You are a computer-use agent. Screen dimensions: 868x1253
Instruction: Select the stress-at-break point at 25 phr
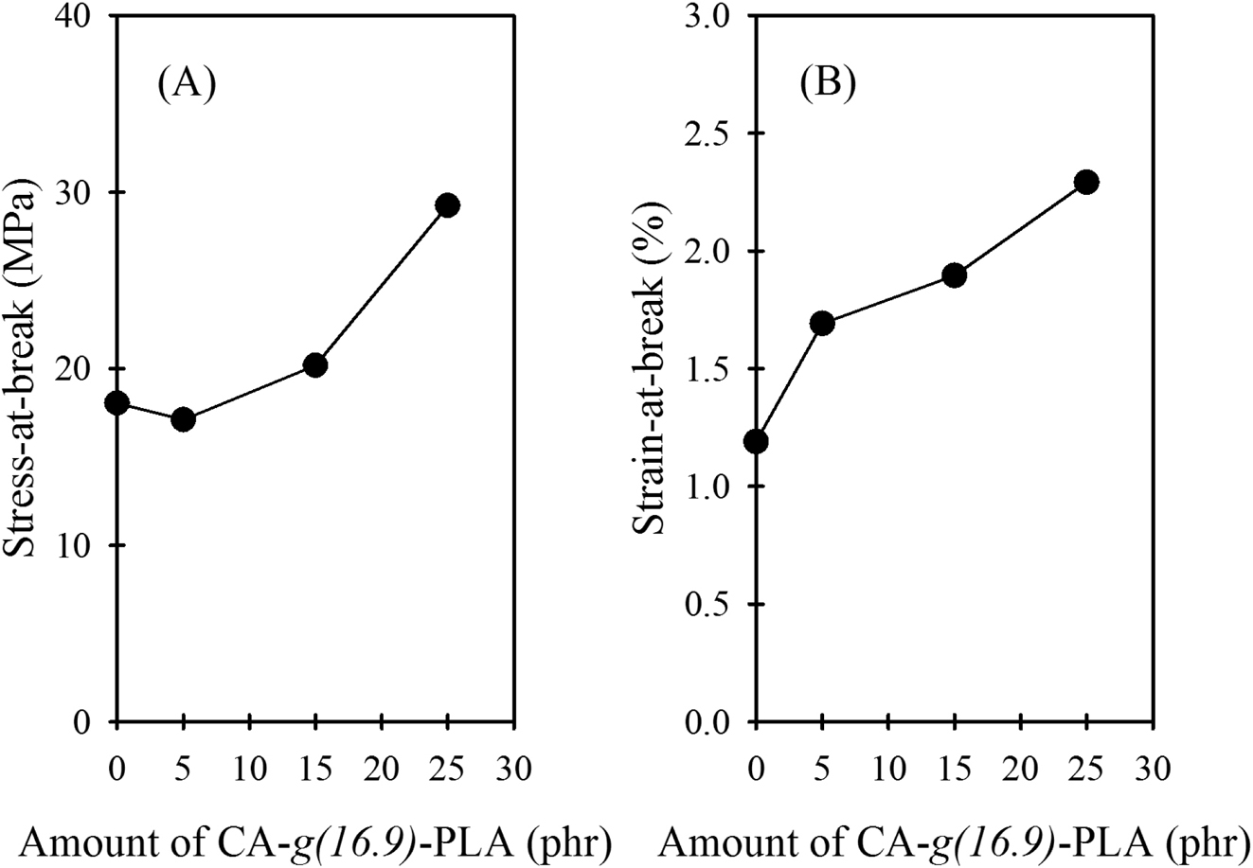(x=448, y=205)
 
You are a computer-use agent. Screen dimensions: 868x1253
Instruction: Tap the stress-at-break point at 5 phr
(x=183, y=419)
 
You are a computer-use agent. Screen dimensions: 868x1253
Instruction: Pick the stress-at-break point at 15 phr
(x=315, y=365)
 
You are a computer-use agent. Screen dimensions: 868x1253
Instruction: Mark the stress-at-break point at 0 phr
(x=117, y=403)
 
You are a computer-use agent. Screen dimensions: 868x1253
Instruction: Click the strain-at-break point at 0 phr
(x=756, y=441)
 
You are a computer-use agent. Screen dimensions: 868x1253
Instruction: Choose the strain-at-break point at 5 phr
(x=822, y=324)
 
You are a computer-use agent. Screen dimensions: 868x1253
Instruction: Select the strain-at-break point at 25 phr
(x=1086, y=182)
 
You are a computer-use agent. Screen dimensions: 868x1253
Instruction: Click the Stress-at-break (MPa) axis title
(x=30, y=369)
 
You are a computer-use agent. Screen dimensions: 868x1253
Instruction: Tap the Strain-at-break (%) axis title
(x=653, y=369)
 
